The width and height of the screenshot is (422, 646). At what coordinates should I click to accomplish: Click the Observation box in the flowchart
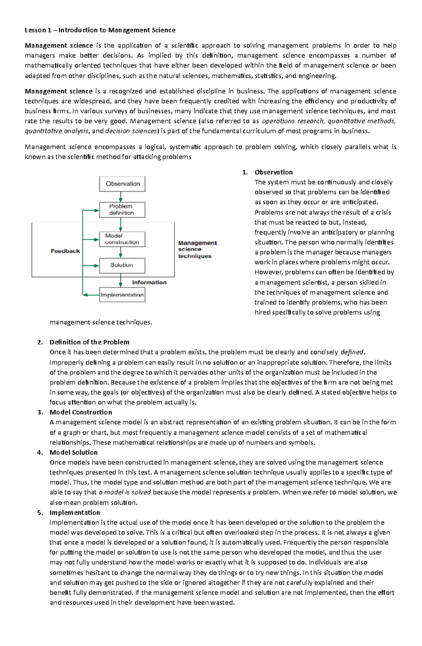122,184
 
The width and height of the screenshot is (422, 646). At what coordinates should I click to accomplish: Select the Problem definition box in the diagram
122,210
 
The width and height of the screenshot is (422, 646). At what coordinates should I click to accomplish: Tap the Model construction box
122,239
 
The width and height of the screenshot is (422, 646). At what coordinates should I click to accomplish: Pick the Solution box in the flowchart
122,265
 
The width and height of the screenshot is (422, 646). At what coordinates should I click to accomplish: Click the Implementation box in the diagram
122,295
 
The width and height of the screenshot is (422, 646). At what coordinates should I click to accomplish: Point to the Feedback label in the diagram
65,251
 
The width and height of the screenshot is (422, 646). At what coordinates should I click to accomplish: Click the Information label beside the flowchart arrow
149,282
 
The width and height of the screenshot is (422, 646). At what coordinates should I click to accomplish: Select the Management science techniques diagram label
197,249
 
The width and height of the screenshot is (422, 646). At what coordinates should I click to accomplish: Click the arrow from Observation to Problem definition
121,197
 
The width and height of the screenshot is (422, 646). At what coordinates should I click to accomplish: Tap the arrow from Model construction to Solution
121,252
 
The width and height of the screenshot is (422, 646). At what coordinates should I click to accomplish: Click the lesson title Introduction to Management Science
100,30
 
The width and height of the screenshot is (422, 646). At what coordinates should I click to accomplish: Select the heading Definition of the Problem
89,342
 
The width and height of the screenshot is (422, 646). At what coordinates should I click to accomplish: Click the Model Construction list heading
81,412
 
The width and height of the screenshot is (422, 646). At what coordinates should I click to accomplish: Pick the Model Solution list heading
73,452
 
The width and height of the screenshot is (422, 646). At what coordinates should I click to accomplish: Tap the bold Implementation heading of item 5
75,513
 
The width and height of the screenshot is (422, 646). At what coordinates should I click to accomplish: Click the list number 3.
40,412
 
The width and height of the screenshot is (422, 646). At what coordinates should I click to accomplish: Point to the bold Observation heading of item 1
274,172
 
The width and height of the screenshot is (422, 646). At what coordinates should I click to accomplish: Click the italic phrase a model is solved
125,493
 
